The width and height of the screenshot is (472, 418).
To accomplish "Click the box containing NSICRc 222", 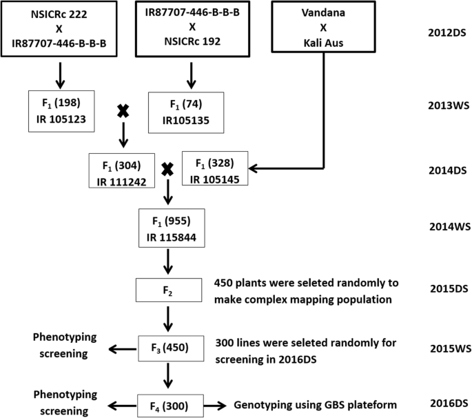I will point(60,28).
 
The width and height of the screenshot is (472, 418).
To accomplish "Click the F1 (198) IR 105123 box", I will point(60,110).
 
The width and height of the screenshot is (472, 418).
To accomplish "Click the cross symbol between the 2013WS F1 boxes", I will point(123,111).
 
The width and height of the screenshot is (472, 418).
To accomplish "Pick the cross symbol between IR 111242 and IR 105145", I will point(166,170).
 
